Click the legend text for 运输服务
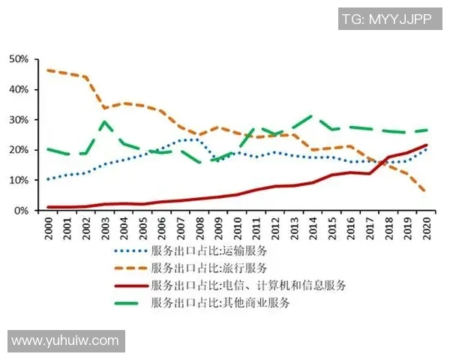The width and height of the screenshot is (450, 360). click(x=208, y=250)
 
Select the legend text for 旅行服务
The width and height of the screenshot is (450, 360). click(x=208, y=268)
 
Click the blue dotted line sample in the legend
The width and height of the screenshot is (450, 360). click(x=130, y=250)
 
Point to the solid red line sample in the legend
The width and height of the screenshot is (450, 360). click(x=130, y=285)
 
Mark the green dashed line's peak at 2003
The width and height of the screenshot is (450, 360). click(x=105, y=121)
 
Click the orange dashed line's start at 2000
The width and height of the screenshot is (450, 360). click(x=49, y=70)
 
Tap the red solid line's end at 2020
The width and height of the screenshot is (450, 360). click(x=427, y=145)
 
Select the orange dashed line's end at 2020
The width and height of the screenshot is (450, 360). click(x=427, y=192)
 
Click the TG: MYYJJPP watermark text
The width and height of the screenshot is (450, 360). click(x=386, y=19)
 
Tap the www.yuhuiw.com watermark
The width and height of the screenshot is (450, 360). click(x=65, y=341)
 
